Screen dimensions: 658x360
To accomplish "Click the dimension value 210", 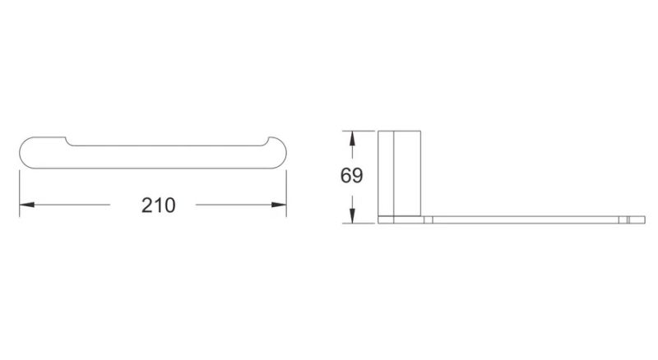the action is pos(158,205).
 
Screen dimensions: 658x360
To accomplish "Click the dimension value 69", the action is pos(352,175).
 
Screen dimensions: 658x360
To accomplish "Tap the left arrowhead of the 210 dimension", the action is pos(27,205).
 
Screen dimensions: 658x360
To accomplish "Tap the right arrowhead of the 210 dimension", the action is pos(279,205).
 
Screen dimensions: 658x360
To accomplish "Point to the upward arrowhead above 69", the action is pos(352,138).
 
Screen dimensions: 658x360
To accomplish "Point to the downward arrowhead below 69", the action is pos(352,215).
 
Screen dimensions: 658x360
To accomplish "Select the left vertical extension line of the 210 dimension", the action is pos(20,193).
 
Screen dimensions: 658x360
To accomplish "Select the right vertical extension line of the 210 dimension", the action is pos(286,193).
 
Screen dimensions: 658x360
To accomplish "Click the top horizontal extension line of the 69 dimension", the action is pos(359,131).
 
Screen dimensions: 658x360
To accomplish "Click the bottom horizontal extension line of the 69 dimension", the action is pos(359,224).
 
